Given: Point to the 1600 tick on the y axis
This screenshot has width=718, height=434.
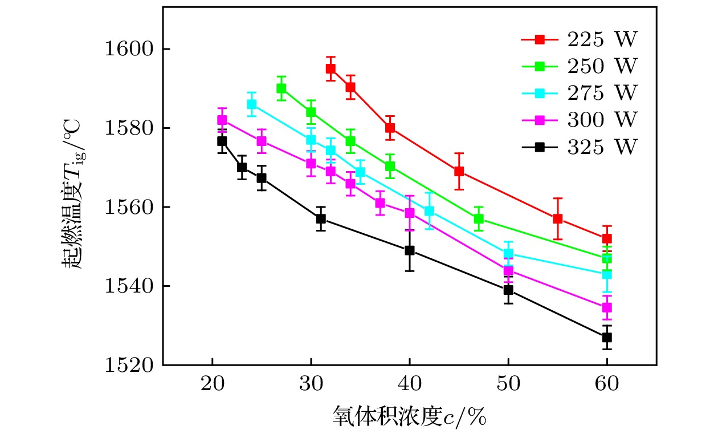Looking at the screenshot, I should [132, 49].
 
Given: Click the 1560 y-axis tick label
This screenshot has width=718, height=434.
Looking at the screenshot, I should [132, 206].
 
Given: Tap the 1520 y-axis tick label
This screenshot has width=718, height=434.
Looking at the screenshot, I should [132, 364].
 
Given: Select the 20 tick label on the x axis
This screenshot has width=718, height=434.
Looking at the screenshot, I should [212, 383].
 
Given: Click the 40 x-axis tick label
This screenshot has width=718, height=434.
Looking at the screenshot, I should [409, 383].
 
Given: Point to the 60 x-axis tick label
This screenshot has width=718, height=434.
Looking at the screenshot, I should [607, 383].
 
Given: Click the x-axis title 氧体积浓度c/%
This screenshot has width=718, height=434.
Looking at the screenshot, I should [409, 417].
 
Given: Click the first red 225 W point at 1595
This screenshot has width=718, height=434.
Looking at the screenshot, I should [331, 69].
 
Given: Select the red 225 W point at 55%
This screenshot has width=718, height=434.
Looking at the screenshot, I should [557, 219].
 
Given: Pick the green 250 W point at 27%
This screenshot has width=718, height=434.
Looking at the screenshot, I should [281, 88].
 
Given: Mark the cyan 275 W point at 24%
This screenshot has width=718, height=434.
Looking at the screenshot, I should [251, 104].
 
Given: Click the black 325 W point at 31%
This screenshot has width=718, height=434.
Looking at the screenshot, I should [321, 218].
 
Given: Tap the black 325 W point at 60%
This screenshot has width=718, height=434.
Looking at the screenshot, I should [607, 337].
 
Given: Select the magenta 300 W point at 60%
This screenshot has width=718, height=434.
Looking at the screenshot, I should [607, 307].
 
